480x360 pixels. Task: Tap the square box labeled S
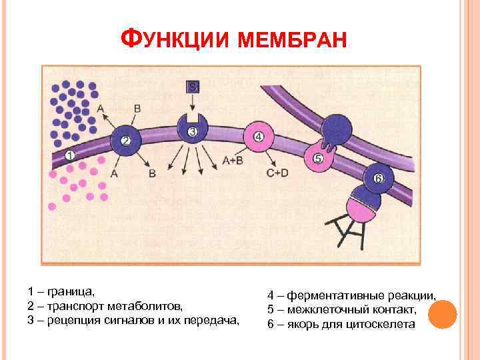pos(192,87)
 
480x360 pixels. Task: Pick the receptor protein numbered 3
pos(192,129)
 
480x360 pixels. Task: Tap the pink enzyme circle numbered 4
pos(259,137)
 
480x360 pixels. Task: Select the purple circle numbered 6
pos(378,179)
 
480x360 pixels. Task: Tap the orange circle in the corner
pos(442,313)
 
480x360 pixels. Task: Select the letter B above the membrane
pos(137,108)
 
